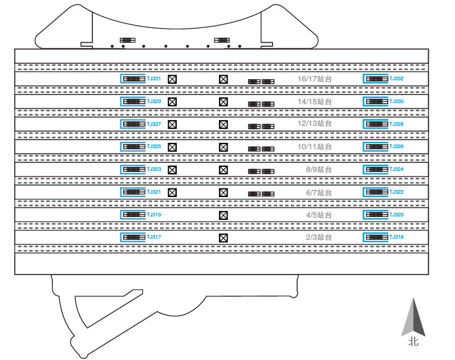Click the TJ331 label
click(x=154, y=79)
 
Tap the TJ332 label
click(x=396, y=79)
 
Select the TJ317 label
click(x=154, y=237)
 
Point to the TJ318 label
click(x=396, y=237)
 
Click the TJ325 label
click(x=154, y=146)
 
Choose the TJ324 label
click(x=396, y=169)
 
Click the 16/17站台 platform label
click(x=315, y=79)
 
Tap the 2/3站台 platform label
click(x=319, y=237)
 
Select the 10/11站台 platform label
click(x=315, y=146)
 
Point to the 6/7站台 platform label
click(x=319, y=193)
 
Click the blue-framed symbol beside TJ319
click(x=133, y=215)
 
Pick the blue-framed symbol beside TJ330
click(x=376, y=101)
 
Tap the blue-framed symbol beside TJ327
click(x=133, y=124)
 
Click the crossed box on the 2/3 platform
click(x=223, y=238)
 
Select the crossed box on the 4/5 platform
click(x=223, y=215)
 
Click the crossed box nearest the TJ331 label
click(x=172, y=79)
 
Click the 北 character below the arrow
click(x=413, y=342)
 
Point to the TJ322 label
click(x=396, y=191)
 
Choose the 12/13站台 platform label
click(x=315, y=124)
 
